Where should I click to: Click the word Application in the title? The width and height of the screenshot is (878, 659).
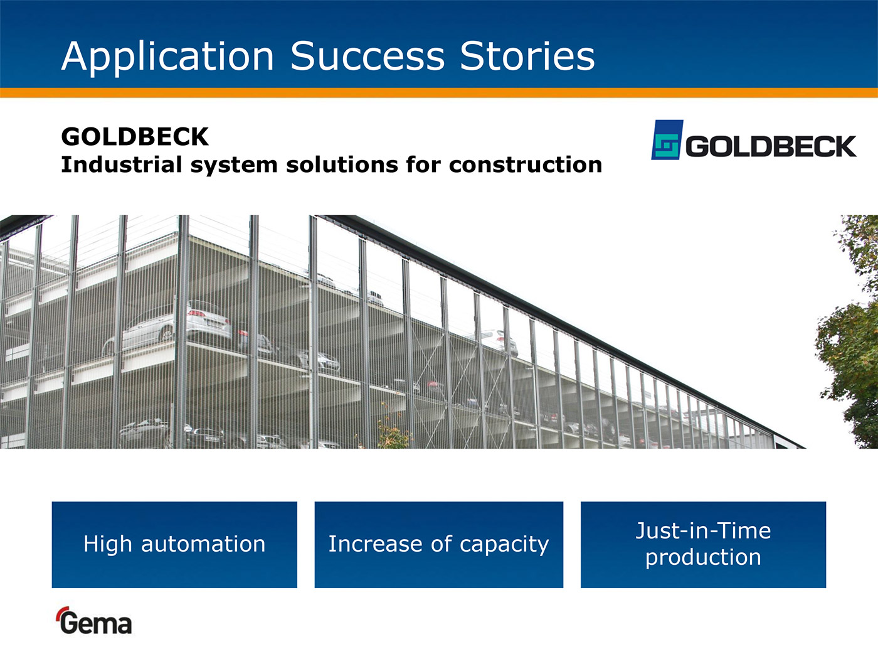tap(167, 57)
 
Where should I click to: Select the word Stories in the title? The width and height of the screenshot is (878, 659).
tap(527, 56)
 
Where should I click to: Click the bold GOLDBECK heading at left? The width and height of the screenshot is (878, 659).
tap(135, 137)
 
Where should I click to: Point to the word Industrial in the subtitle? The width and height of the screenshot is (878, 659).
tap(122, 164)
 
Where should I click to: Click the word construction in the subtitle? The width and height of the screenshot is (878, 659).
tap(525, 165)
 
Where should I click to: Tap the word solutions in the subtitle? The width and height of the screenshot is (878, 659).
tap(342, 164)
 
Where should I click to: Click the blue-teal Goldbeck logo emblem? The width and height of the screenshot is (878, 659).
tap(667, 139)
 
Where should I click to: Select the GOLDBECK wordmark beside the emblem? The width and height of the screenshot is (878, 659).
tap(771, 146)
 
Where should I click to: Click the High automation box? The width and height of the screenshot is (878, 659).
tap(174, 545)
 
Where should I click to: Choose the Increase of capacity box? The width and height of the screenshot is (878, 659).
tap(439, 545)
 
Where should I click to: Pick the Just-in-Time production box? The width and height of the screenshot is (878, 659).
tap(703, 545)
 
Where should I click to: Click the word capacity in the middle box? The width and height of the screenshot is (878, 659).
tap(504, 545)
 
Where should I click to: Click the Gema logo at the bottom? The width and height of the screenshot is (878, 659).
tap(93, 621)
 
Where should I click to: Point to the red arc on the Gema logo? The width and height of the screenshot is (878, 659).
tap(61, 613)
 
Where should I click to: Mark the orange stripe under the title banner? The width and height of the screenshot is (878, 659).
tap(439, 93)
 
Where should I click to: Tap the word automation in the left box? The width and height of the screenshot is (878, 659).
tap(203, 545)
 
